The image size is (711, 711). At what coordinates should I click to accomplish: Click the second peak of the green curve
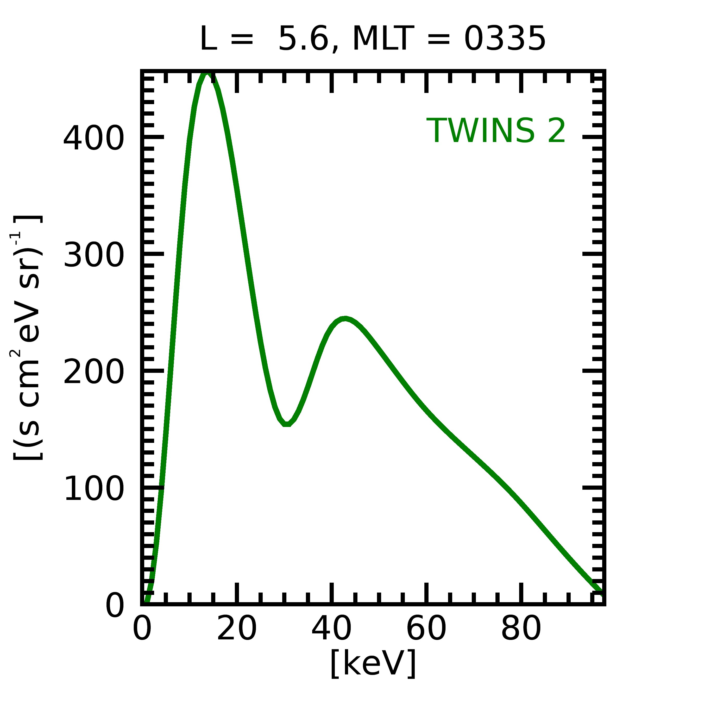point(344,319)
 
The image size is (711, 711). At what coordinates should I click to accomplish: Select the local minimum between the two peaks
point(287,424)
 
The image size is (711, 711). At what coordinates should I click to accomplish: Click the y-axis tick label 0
point(115,606)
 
